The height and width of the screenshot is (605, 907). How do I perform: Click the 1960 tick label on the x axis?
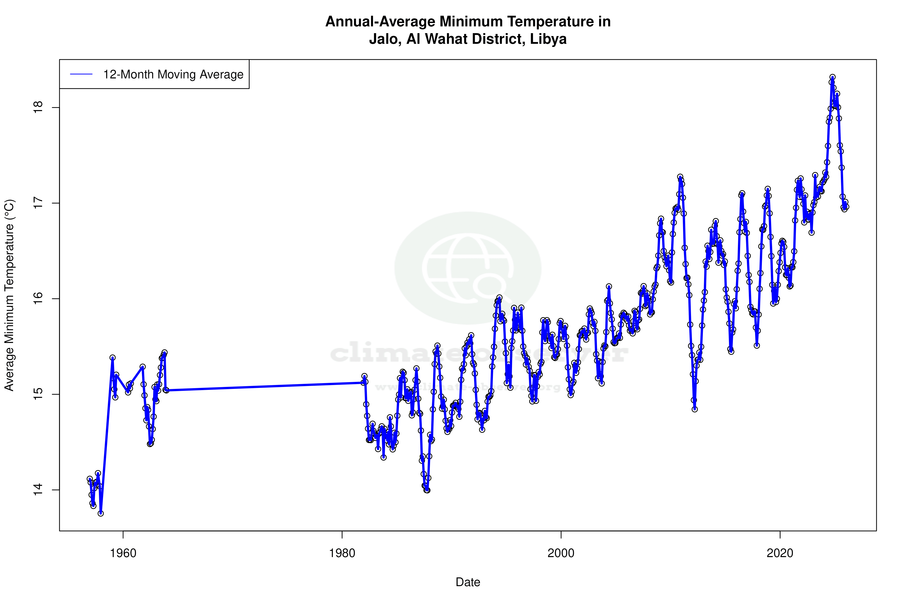coord(123,553)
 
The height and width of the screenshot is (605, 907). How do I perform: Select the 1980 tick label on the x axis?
coord(342,553)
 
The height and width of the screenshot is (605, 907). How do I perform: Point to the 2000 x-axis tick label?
coord(561,553)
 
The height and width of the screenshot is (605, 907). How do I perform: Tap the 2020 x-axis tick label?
coord(780,553)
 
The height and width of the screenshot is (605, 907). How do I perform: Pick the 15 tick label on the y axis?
coord(38,394)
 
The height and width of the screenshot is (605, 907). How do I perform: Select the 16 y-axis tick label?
coord(38,299)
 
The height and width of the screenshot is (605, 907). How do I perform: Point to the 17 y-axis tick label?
coord(38,203)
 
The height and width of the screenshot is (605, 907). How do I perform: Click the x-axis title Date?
coord(468,582)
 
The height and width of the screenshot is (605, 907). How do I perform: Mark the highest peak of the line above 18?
coord(833,77)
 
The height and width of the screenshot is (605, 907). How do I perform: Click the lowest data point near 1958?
coord(101,513)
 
